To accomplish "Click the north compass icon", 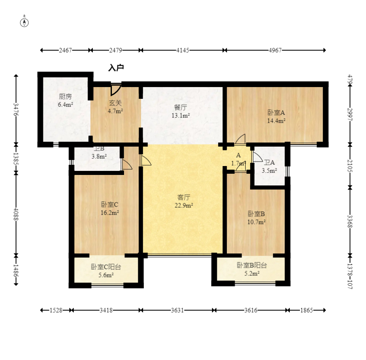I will (25, 22).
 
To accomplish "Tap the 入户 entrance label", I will (116, 68).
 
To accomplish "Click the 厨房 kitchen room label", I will (65, 100).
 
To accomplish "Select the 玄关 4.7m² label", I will (115, 107).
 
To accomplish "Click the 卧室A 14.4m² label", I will (276, 117).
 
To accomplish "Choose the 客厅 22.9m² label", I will (184, 201).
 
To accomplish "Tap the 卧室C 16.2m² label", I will (109, 208).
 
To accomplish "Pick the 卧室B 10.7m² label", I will (256, 217).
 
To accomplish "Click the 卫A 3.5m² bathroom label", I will (269, 166).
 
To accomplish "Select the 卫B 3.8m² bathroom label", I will (99, 152).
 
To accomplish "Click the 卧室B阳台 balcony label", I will (252, 269).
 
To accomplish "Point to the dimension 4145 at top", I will (182, 50).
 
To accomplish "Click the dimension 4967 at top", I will (275, 50).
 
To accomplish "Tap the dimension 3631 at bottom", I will (177, 310).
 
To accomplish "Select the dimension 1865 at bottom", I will (306, 310).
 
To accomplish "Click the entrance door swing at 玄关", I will (116, 89).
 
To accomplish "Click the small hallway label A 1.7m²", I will (238, 160).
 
